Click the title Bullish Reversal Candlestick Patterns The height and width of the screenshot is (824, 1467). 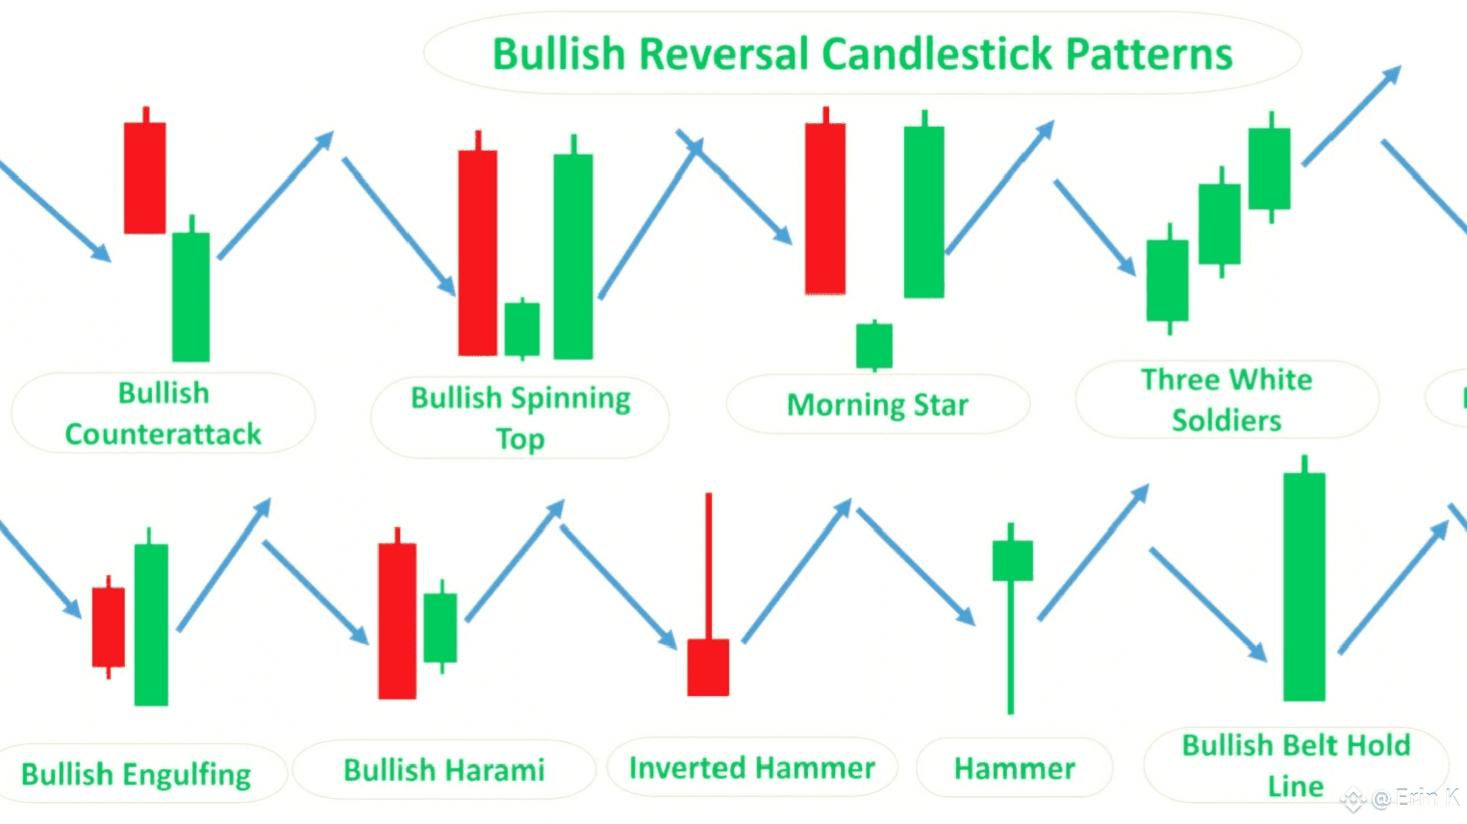pos(862,54)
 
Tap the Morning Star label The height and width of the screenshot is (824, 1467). pos(877,405)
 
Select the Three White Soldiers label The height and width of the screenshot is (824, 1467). pos(1227,400)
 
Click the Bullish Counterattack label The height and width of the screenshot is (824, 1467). pos(163,413)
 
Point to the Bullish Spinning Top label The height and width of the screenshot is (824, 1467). pos(520,417)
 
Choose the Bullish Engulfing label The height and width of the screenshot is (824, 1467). pos(136,774)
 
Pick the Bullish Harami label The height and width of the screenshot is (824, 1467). pos(443,770)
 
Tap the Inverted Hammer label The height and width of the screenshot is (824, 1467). pos(752,768)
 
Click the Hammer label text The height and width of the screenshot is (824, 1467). pos(1014,768)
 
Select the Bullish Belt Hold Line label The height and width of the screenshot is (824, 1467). pos(1296,765)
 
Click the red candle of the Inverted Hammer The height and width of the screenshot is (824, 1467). pos(708,666)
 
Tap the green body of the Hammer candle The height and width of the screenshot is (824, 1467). pos(1012,561)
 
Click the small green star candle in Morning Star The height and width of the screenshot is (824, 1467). pos(874,345)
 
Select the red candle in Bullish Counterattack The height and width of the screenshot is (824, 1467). pos(144,178)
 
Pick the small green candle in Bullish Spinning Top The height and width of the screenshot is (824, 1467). pos(522,329)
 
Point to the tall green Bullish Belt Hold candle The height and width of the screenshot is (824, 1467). pos(1304,587)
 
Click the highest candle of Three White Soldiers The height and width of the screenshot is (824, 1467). pos(1270,168)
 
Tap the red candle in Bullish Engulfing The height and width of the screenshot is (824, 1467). pos(109,627)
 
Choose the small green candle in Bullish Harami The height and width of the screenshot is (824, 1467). pos(441,627)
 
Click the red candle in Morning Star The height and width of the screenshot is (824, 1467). pos(825,208)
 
